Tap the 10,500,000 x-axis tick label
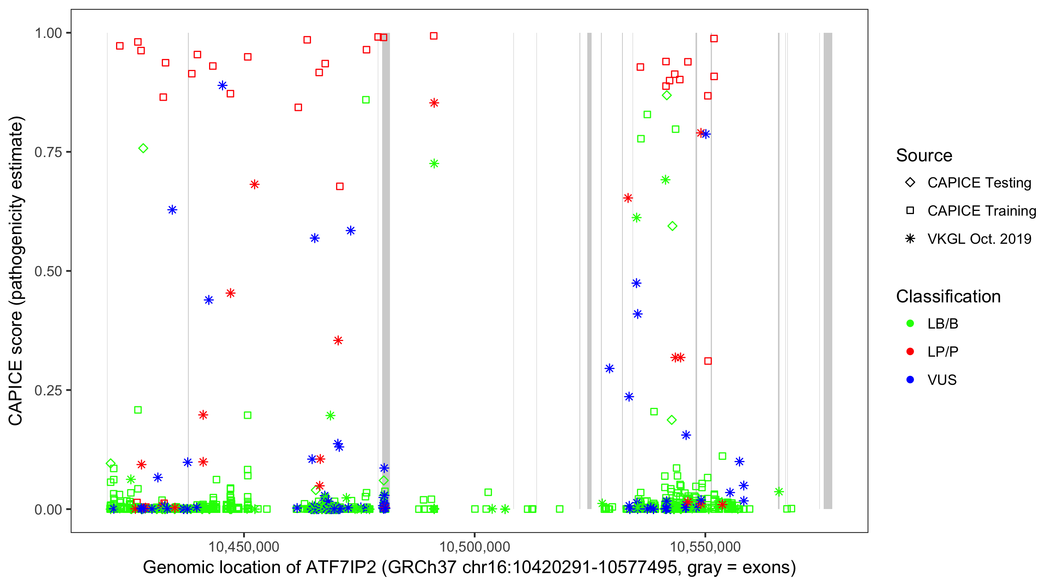474,547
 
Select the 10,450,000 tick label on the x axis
244,547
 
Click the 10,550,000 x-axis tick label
705,547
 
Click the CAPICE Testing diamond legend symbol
910,183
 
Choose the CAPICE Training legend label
981,211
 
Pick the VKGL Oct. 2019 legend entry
979,239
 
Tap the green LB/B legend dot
910,324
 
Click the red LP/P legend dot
910,352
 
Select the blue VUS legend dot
910,380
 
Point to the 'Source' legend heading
924,155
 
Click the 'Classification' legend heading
948,297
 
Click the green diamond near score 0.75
143,148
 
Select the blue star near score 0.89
222,86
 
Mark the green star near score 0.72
434,164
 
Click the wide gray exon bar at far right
828,270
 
